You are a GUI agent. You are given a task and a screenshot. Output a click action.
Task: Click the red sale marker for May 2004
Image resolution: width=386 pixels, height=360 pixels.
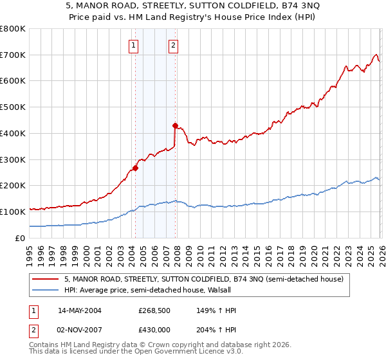135,168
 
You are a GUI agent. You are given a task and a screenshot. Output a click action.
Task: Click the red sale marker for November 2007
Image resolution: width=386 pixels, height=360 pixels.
175,126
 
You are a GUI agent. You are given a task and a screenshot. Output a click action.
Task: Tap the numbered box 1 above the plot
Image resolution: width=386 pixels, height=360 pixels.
133,45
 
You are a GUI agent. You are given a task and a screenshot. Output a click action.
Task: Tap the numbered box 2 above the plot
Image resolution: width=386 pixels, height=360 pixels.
174,45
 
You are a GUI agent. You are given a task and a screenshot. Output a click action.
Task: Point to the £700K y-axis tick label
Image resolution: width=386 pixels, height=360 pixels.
12,55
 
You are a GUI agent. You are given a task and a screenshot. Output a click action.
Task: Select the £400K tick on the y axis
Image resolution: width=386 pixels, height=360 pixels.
12,133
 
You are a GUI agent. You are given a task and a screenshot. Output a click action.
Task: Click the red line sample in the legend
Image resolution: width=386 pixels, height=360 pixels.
46,279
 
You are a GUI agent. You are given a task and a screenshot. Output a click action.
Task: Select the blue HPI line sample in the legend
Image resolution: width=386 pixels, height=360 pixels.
46,290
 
